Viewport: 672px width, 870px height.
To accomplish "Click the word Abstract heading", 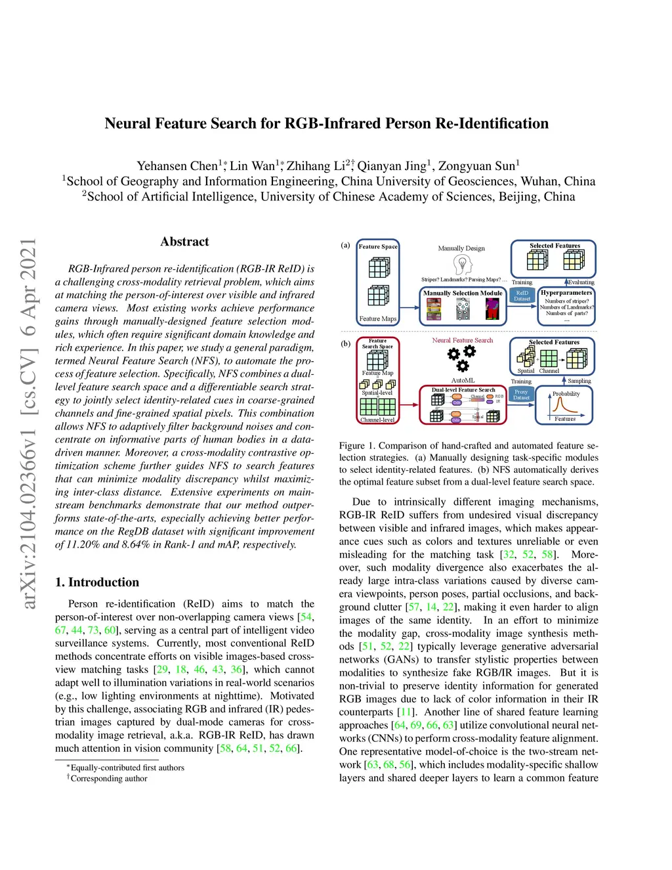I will [x=184, y=242].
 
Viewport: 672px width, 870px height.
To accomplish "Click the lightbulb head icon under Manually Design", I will [x=463, y=265].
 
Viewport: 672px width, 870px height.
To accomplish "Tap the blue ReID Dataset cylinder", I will [x=522, y=295].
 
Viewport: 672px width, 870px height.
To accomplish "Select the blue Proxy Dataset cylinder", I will [x=521, y=395].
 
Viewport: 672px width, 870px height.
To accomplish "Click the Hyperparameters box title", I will [x=566, y=293].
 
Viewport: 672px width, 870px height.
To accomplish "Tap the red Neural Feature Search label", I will [x=462, y=340].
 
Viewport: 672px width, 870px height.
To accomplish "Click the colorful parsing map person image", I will [x=492, y=309].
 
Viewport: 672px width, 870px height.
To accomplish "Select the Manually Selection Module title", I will [x=463, y=293].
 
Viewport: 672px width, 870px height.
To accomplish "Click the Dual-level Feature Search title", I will [x=463, y=389].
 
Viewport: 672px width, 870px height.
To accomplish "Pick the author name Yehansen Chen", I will [x=177, y=166].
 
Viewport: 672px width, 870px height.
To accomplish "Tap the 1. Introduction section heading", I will [x=97, y=582].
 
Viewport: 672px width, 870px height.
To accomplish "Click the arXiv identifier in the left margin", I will [x=29, y=424].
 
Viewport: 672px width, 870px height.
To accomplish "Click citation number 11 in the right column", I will [x=407, y=712].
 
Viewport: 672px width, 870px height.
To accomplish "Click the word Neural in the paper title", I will [x=128, y=123].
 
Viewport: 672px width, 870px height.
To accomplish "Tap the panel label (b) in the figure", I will [x=346, y=343].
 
